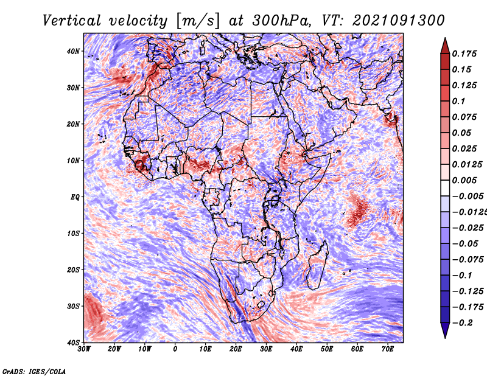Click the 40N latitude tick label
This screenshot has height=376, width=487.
73,51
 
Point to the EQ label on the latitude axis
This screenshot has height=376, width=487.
75,197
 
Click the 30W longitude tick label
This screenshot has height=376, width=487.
84,349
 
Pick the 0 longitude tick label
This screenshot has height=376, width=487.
175,349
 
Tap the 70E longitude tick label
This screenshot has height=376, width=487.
388,349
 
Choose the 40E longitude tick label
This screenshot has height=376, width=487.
296,349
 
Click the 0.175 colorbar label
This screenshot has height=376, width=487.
464,54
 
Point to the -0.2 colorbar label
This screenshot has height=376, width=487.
463,323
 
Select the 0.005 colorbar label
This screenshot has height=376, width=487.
464,180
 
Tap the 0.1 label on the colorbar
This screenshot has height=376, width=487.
459,101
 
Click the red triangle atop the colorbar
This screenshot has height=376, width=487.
445,46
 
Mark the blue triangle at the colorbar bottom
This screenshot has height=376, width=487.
445,330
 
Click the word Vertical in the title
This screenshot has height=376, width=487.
71,21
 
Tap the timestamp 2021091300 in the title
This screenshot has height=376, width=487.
399,21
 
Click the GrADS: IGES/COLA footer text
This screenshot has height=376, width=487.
34,371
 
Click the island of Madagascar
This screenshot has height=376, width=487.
317,266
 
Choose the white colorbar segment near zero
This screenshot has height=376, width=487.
445,188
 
